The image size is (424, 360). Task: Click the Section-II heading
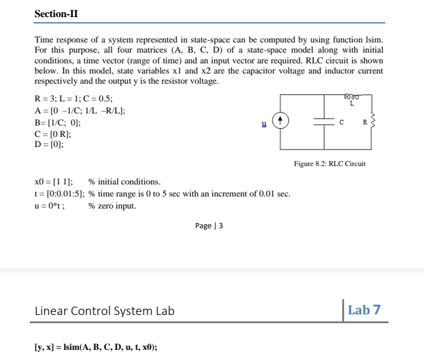click(56, 13)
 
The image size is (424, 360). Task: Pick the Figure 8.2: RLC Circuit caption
click(330, 164)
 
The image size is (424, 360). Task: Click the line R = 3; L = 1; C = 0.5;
click(74, 100)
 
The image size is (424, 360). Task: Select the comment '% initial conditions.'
click(124, 182)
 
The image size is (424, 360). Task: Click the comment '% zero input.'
click(112, 205)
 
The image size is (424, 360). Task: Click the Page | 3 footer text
click(209, 226)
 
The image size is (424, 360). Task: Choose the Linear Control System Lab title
click(104, 311)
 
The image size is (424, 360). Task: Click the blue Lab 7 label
click(364, 310)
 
